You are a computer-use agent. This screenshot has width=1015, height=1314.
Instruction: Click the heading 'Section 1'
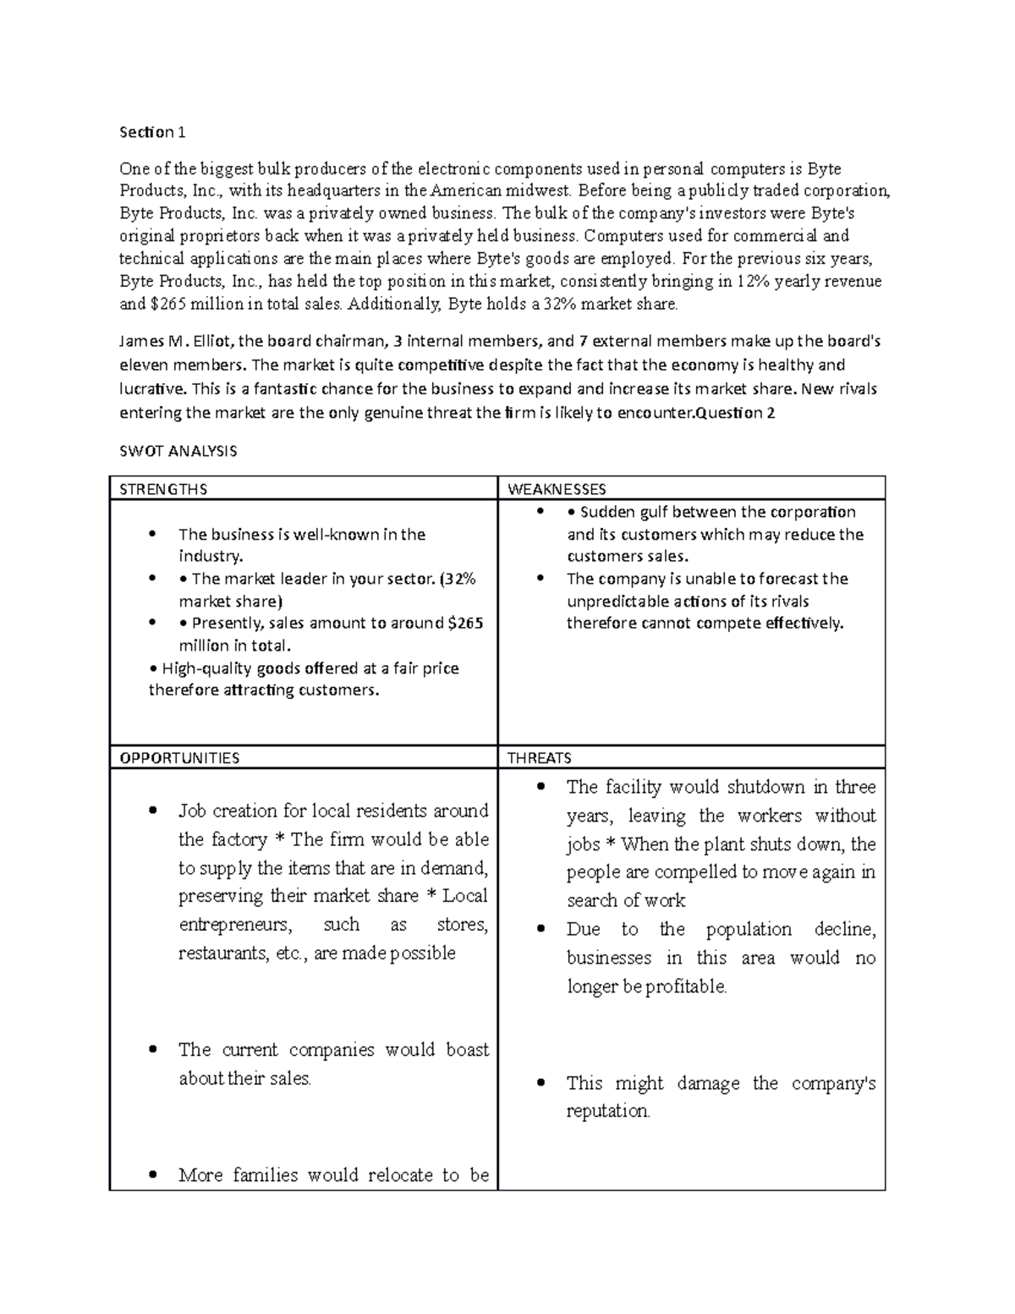[x=151, y=132]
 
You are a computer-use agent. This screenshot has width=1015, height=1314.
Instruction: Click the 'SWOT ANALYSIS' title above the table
[x=178, y=451]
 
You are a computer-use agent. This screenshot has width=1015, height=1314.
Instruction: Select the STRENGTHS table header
[x=163, y=489]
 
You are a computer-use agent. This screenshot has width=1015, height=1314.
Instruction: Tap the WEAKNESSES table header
[x=557, y=489]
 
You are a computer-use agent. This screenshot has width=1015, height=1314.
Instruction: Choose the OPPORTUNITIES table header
[x=179, y=758]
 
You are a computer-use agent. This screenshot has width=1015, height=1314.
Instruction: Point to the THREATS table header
[x=539, y=758]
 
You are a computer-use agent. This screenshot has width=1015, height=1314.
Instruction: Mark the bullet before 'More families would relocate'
[x=153, y=1175]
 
